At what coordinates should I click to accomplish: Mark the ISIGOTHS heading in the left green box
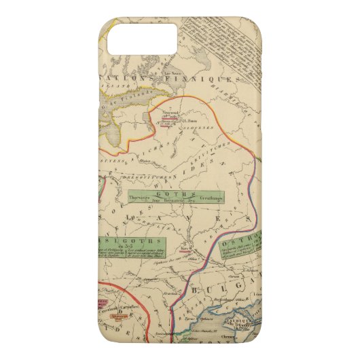click(x=128, y=240)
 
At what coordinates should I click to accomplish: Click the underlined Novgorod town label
click(x=167, y=114)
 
